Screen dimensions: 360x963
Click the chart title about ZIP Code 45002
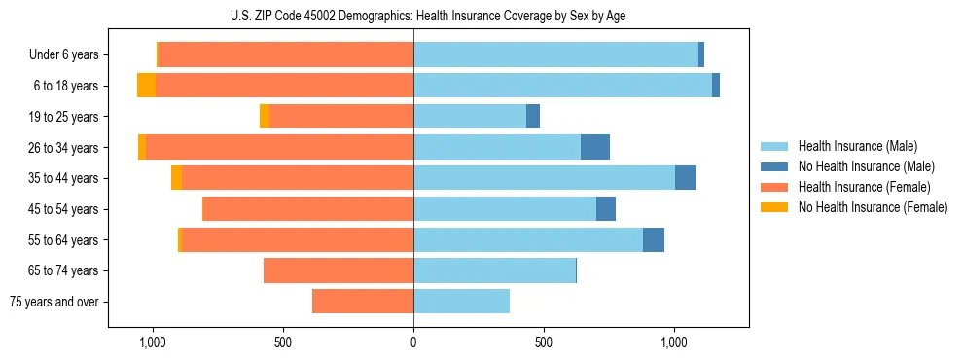pyautogui.click(x=413, y=15)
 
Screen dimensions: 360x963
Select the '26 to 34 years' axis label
pyautogui.click(x=65, y=148)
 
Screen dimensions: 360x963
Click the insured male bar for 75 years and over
pyautogui.click(x=461, y=302)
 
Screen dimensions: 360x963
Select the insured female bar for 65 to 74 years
pyautogui.click(x=339, y=270)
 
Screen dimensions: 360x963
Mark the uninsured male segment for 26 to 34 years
pyautogui.click(x=595, y=147)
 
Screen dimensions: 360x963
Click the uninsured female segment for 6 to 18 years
pyautogui.click(x=146, y=86)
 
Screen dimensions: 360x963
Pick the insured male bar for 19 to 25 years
pyautogui.click(x=470, y=117)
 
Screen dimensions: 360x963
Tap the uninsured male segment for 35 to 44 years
pyautogui.click(x=686, y=178)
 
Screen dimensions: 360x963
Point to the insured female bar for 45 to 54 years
pyautogui.click(x=307, y=209)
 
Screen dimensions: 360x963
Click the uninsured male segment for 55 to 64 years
pyautogui.click(x=654, y=239)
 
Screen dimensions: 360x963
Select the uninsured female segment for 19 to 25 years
pyautogui.click(x=265, y=117)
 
